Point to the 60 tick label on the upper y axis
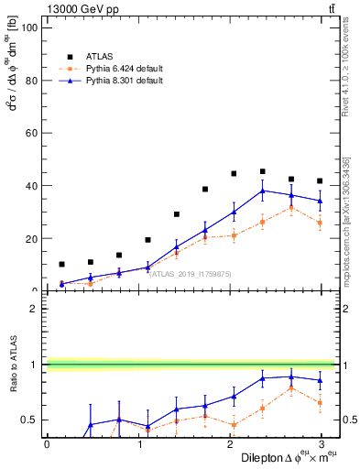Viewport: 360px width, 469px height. click(30, 133)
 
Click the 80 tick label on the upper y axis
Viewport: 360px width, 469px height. click(30, 81)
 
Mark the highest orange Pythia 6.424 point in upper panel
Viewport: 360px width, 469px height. click(291, 207)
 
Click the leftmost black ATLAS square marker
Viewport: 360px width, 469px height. click(61, 264)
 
